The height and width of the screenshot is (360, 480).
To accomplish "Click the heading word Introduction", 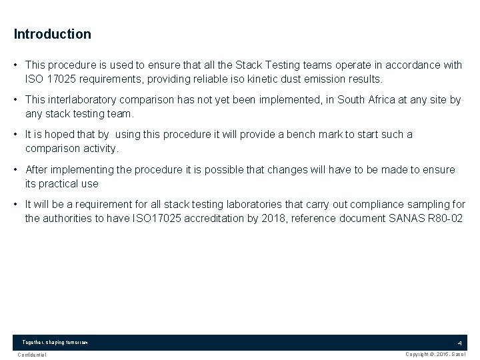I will tap(52, 33).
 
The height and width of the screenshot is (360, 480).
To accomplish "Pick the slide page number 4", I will tap(459, 343).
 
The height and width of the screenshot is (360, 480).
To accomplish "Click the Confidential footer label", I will tap(33, 355).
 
